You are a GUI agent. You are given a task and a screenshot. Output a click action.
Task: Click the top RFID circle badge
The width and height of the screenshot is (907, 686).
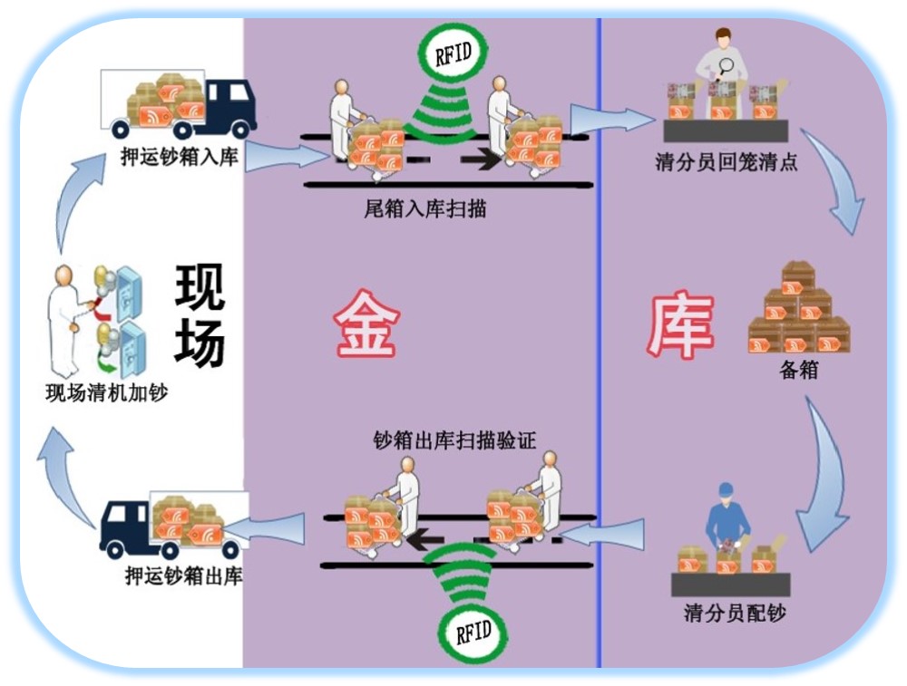(x=453, y=52)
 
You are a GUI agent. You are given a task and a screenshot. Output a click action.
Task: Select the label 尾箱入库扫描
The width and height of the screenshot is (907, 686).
(x=424, y=208)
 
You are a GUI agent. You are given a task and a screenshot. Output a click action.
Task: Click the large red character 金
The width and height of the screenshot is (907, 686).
(x=366, y=324)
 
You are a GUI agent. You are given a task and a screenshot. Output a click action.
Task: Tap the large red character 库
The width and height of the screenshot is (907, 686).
(x=680, y=324)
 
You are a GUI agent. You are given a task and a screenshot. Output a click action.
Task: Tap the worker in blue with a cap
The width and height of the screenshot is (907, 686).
(x=727, y=521)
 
